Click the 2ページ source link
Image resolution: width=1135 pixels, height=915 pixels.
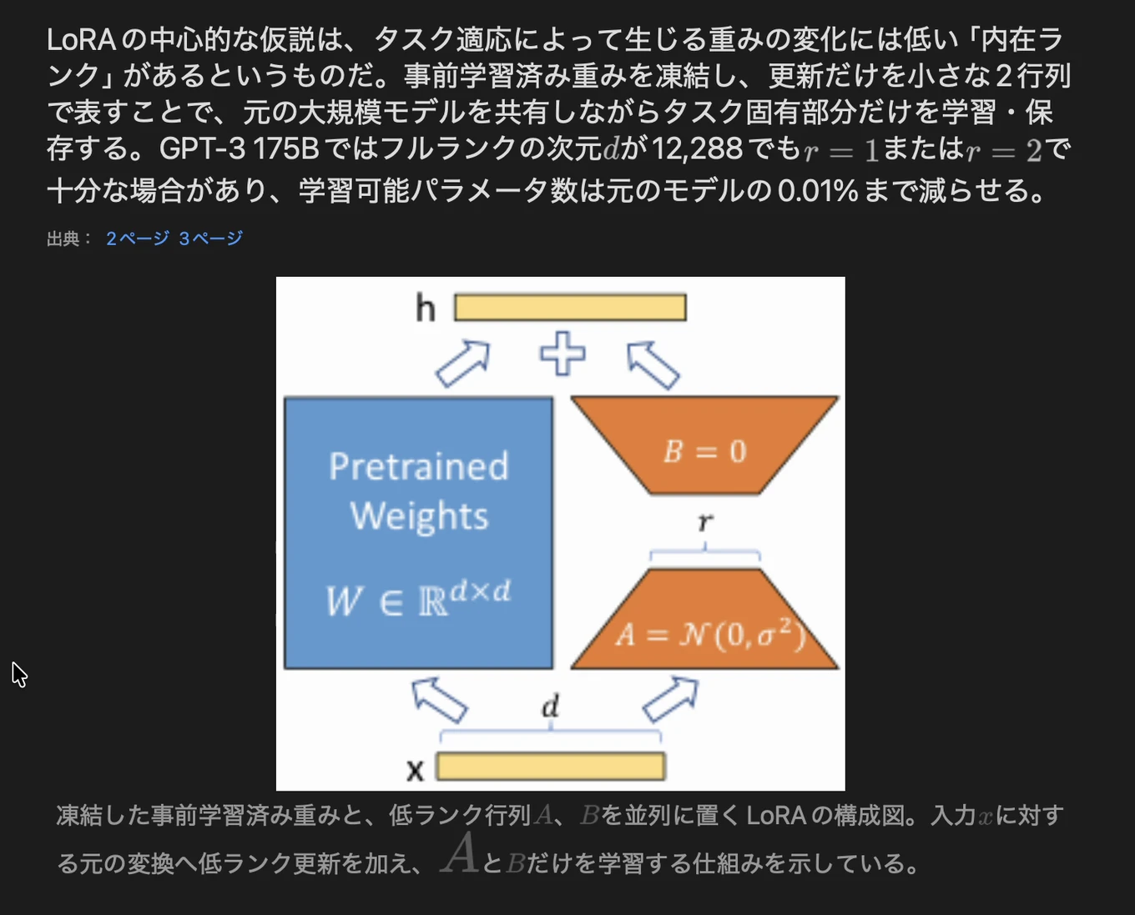(138, 239)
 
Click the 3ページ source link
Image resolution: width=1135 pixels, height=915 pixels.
(210, 239)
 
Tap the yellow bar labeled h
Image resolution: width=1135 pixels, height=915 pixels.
(570, 308)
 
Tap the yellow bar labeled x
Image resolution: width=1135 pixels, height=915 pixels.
(551, 767)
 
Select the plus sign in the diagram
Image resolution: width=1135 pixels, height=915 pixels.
(562, 354)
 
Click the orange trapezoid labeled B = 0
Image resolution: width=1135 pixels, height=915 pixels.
(704, 445)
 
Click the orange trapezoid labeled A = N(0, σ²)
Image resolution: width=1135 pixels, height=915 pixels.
(704, 619)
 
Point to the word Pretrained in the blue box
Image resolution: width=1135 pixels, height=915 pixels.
(419, 467)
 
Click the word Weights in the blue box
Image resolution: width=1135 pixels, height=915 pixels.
(419, 516)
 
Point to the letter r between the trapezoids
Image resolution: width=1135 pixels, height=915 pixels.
(705, 522)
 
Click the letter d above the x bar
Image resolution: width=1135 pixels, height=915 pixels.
(550, 706)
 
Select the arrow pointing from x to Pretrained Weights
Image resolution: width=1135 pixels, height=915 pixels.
(439, 700)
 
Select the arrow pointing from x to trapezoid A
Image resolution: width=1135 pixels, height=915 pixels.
(671, 700)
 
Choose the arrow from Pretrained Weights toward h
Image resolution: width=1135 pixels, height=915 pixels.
(462, 364)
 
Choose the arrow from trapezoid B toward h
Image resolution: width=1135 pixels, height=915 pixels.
(653, 364)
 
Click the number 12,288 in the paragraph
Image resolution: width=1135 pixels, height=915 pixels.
(697, 149)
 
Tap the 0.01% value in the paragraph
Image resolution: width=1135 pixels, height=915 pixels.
(818, 191)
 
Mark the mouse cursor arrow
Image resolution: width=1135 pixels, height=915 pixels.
(19, 675)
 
